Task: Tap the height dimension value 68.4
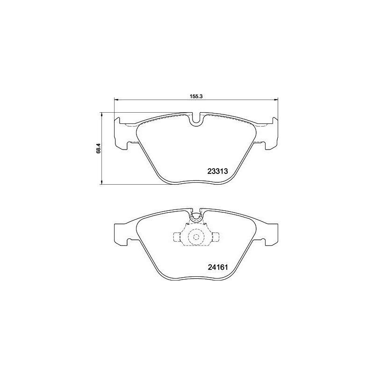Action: pyautogui.click(x=98, y=148)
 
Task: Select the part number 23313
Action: pyautogui.click(x=217, y=171)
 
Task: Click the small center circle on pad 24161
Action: pyautogui.click(x=196, y=237)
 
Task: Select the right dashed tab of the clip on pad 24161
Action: pyautogui.click(x=215, y=237)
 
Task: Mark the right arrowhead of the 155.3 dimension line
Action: pyautogui.click(x=276, y=99)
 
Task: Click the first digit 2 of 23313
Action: pyautogui.click(x=209, y=171)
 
